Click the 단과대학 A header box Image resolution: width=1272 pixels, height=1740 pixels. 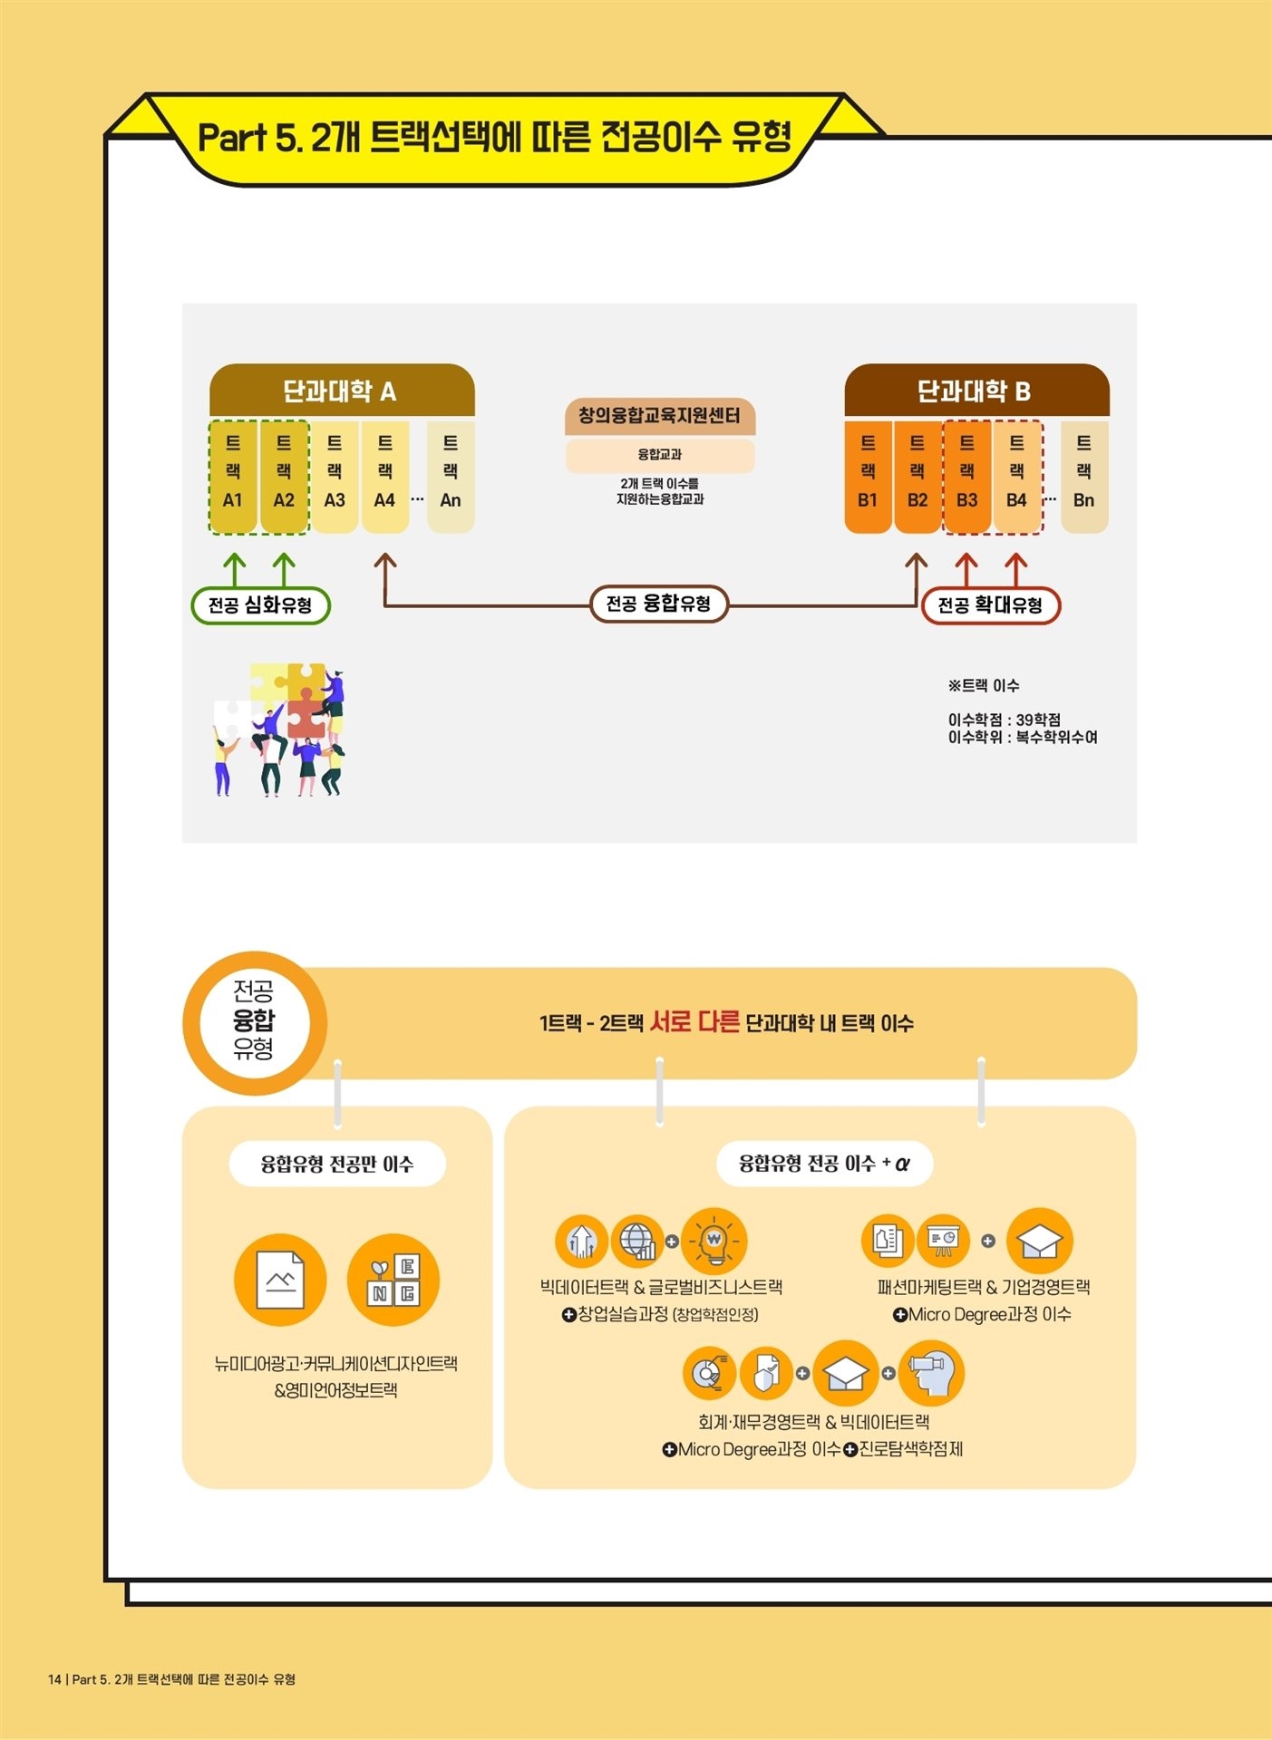point(342,391)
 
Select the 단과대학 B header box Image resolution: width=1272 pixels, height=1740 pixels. point(976,391)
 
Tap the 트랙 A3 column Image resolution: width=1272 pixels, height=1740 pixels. point(335,476)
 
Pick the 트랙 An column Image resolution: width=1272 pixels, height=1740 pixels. point(451,476)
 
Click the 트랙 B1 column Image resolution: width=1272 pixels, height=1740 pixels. point(868,476)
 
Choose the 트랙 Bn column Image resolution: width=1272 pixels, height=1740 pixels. point(1083,476)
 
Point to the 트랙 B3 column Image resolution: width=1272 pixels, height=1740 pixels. point(966,476)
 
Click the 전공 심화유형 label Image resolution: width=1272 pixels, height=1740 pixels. point(260,605)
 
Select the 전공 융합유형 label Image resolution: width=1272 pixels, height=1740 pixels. point(658,604)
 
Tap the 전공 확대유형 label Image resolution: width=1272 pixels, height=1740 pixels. point(990,605)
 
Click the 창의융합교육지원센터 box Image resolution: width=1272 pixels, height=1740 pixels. point(660,416)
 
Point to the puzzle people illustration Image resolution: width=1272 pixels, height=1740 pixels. point(279,730)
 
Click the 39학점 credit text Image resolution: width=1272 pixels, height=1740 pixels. point(1038,720)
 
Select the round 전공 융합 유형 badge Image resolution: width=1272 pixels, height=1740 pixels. point(255,1022)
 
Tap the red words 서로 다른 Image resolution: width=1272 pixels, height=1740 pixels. point(694,1021)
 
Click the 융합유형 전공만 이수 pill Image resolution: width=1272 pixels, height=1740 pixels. point(337,1164)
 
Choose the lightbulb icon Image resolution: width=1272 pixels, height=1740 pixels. point(714,1241)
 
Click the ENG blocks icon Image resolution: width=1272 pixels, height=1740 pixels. point(393,1280)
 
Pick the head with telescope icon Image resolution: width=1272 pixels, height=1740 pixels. point(931,1373)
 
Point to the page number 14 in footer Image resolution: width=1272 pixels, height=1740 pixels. point(54,1679)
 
